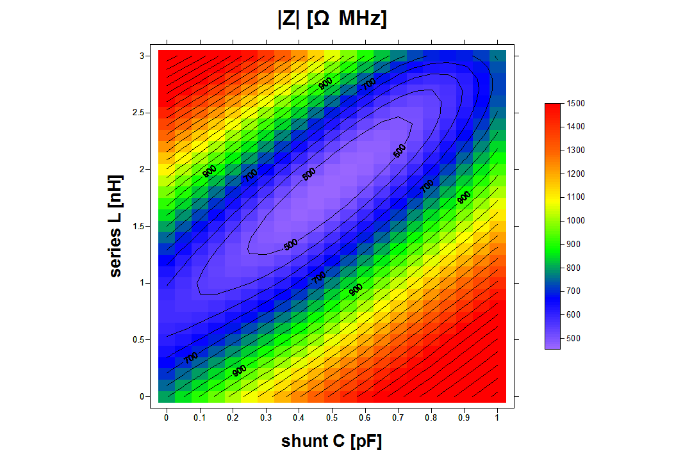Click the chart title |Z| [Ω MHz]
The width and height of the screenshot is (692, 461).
332,20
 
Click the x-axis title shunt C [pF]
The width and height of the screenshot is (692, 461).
331,441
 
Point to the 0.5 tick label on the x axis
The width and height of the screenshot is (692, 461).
331,418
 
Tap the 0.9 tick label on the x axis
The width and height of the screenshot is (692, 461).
463,418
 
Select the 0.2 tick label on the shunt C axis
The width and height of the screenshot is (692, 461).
233,418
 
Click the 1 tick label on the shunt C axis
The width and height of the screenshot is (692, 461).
497,418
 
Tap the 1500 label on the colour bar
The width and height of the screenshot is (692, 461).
576,103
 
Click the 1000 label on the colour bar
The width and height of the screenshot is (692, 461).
576,221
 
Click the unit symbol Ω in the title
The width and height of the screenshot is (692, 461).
322,20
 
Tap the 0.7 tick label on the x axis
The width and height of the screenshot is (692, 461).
397,418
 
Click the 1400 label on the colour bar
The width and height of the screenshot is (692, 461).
576,127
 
